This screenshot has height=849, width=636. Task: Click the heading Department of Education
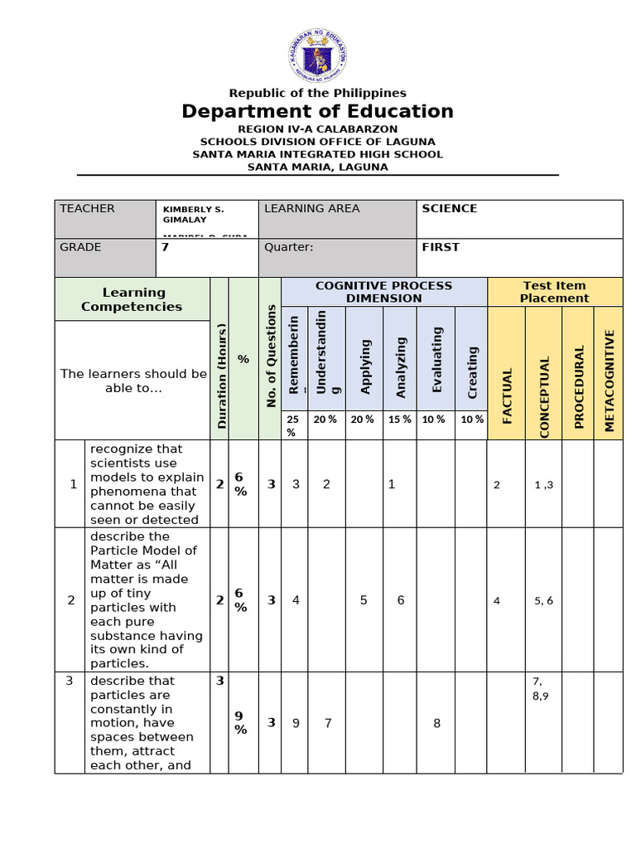318,112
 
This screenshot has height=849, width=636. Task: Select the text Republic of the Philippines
318,93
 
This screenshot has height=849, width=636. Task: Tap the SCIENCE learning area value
450,209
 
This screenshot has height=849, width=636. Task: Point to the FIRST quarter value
440,247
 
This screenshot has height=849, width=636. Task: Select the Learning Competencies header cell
132,299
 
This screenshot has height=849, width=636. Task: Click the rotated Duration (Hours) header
220,376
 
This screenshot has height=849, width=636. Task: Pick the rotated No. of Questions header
271,357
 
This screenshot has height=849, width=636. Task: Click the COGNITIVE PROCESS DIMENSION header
384,292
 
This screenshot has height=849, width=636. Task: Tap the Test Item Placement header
555,292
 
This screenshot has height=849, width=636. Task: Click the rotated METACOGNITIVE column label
609,381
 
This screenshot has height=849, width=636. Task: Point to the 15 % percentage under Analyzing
400,420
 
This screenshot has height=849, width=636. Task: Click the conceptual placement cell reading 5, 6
544,600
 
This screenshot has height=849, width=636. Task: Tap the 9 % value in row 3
239,723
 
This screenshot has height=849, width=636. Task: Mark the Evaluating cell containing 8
436,723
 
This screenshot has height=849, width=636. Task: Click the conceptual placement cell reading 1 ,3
544,485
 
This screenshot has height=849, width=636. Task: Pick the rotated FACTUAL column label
507,395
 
